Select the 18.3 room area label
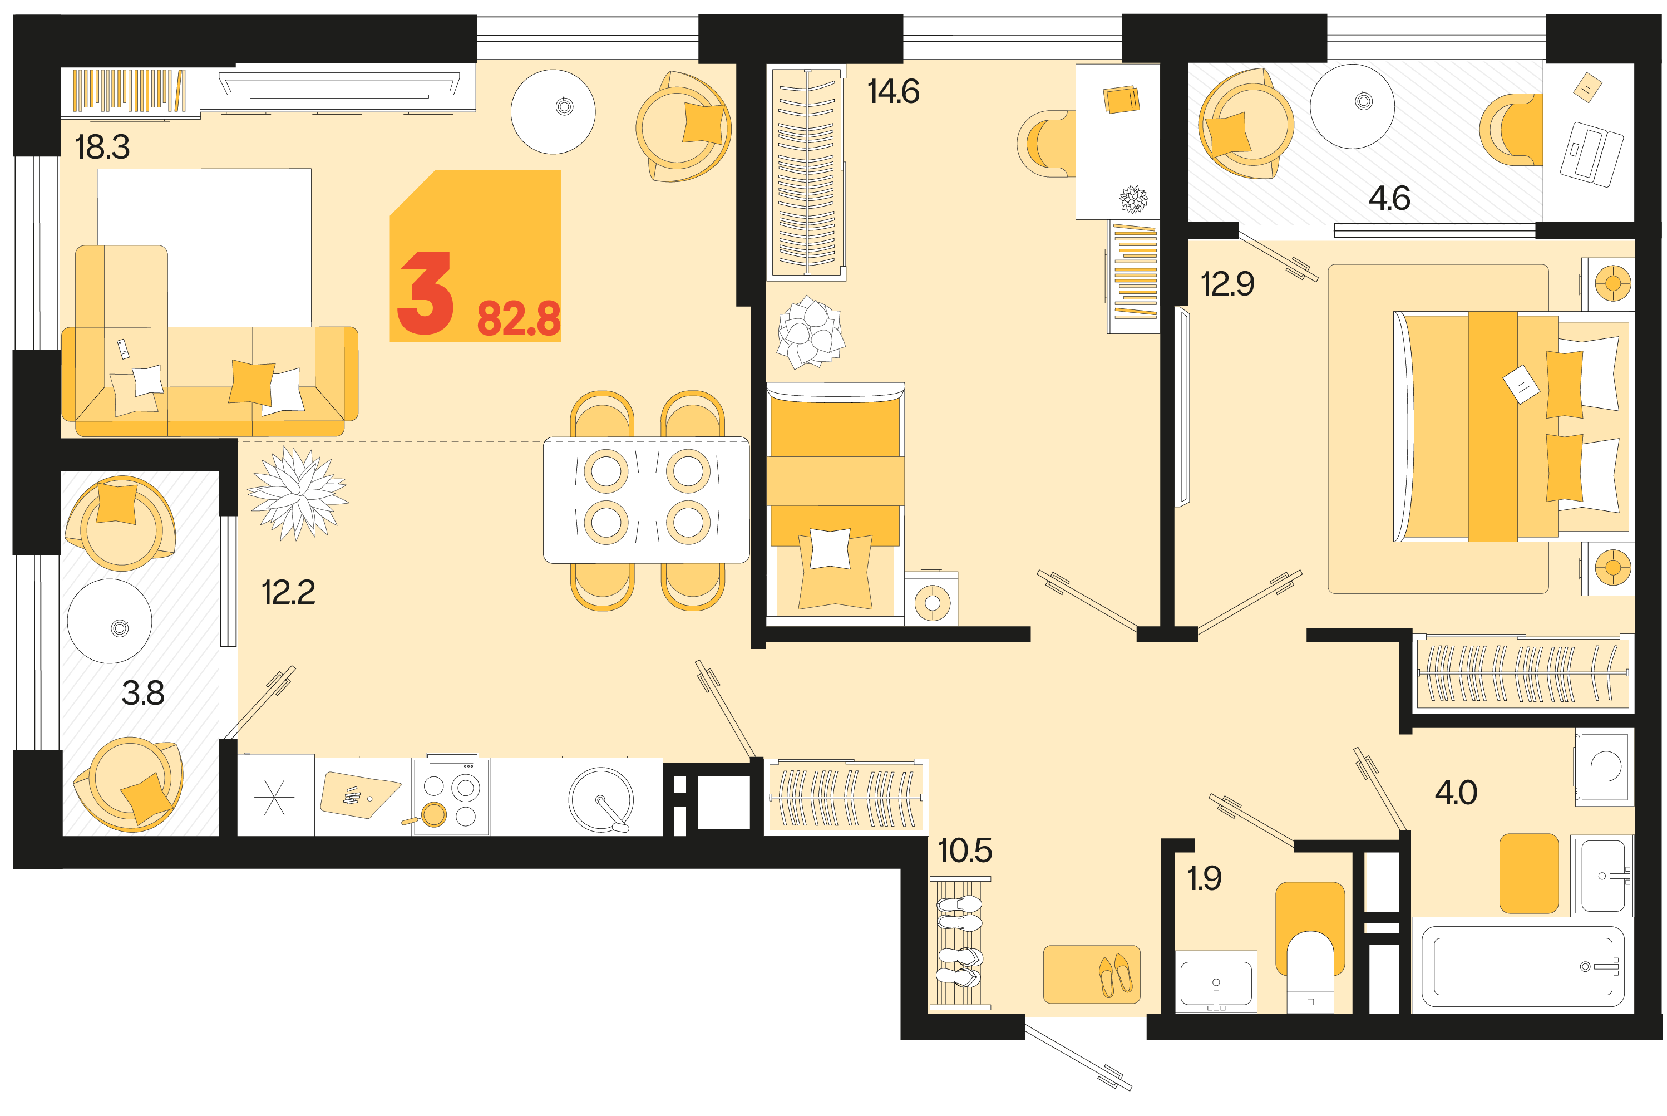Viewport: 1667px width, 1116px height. [102, 148]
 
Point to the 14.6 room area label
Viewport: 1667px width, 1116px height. [893, 92]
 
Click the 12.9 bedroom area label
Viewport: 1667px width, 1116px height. [1227, 284]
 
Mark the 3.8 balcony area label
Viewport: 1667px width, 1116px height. [143, 692]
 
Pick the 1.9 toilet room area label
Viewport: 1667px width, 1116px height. [1204, 878]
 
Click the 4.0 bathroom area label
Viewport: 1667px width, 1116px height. [1456, 792]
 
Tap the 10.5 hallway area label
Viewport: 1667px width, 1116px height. [965, 850]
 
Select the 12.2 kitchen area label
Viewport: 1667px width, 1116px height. [288, 592]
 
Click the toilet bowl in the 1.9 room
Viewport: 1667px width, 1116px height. [1310, 971]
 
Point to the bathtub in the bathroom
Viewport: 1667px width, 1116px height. [1522, 966]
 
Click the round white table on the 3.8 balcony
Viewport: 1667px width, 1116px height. [110, 621]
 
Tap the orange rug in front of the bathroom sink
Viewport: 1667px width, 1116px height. [1529, 873]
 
